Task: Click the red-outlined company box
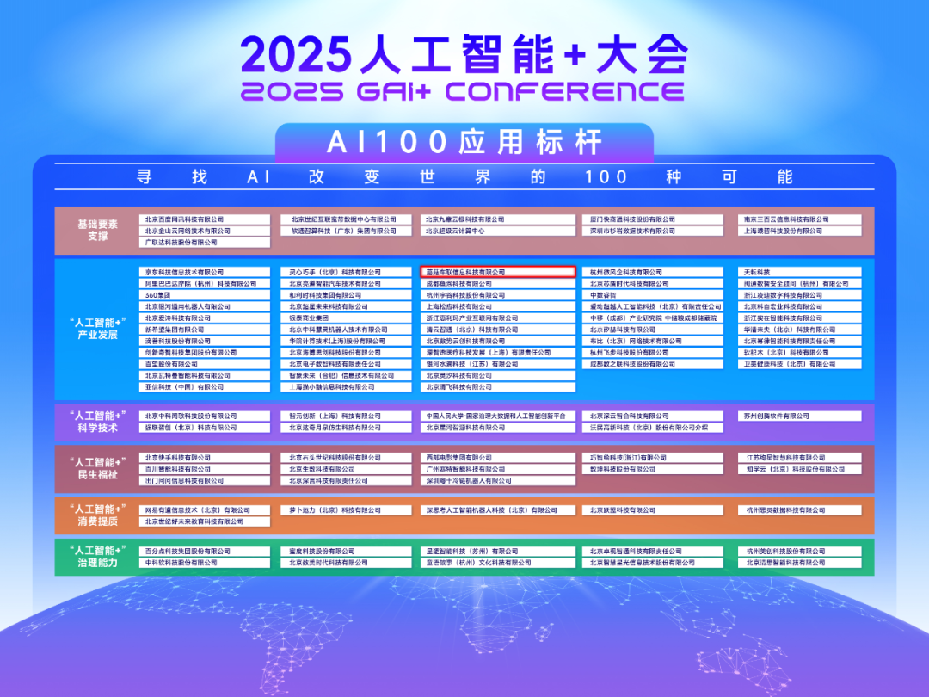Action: coord(498,272)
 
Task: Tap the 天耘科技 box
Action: coord(800,272)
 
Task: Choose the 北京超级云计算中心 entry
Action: coord(498,231)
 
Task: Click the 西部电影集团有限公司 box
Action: coord(498,458)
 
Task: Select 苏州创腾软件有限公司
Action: coord(800,416)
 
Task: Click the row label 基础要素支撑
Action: coord(97,230)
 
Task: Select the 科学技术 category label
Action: coord(97,422)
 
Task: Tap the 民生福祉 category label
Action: coord(97,468)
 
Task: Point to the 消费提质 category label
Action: coord(97,515)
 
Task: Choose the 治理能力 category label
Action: coord(97,557)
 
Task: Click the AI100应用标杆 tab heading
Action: coord(464,141)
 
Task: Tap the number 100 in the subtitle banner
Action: coord(606,177)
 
